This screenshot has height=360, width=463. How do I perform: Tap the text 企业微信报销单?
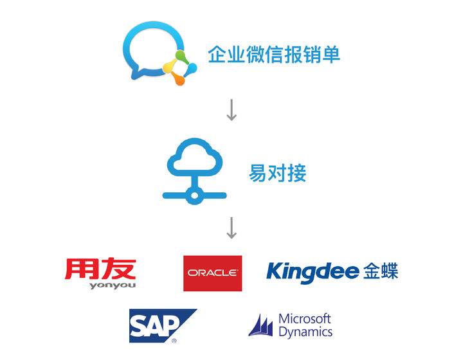pos(274,55)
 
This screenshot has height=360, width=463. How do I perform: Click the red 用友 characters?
pos(100,269)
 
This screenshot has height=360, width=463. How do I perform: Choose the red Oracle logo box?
pos(212,273)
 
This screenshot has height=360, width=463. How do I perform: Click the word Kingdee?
pos(313,271)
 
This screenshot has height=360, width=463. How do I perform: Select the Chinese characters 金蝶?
pos(381,271)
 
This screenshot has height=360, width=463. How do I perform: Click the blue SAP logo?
pos(161,325)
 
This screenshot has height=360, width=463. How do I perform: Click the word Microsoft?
pos(305,319)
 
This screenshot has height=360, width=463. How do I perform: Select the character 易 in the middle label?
pos(258,173)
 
